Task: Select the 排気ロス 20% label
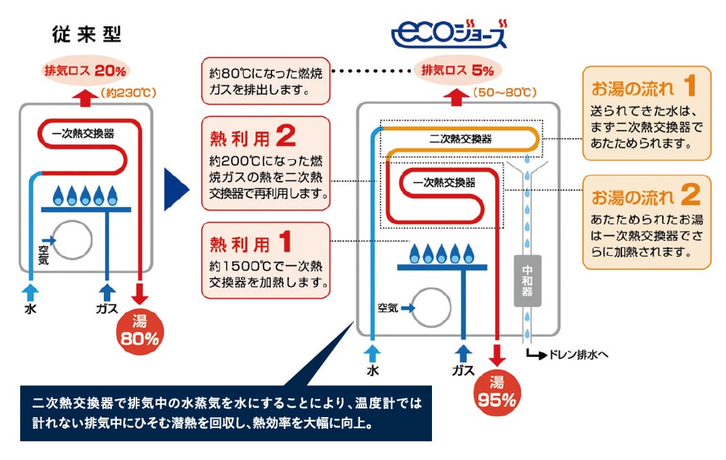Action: coord(86,71)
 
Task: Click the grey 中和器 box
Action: coord(528,279)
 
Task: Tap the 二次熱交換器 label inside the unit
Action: coord(460,138)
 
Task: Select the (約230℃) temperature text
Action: coord(130,93)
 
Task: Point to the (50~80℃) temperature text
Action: coord(504,93)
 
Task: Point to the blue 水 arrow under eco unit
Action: coord(374,354)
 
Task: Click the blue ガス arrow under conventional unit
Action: coord(107,293)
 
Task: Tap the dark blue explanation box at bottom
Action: coord(226,412)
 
